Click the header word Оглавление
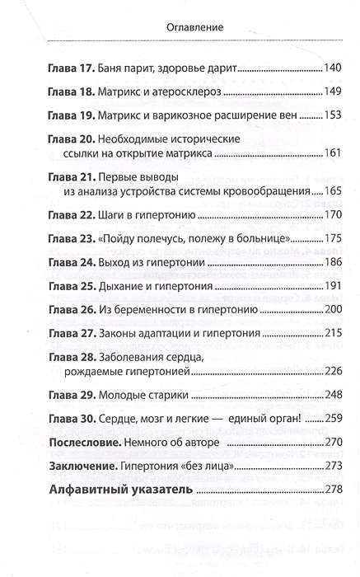[179, 27]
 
